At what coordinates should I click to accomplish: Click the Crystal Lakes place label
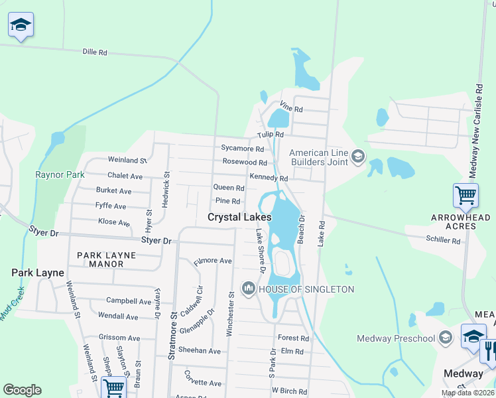pos(239,217)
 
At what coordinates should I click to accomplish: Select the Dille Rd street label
pos(95,51)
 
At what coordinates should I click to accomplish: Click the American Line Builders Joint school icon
pos(358,157)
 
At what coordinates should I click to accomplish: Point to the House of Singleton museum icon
pos(249,288)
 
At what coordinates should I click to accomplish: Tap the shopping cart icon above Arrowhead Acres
pos(465,195)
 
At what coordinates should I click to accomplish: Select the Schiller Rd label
pos(442,241)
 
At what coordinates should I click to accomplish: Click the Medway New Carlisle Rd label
pos(474,130)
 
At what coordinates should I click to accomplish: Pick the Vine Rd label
pos(291,107)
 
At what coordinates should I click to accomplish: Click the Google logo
pos(22,390)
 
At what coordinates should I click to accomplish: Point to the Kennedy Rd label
pos(269,178)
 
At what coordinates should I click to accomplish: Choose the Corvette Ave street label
pos(203,383)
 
